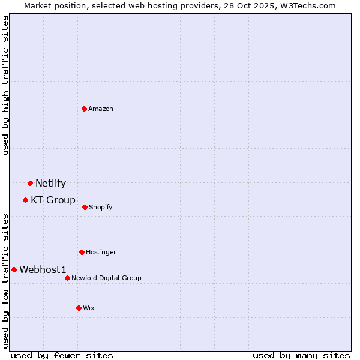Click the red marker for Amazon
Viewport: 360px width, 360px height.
coord(85,109)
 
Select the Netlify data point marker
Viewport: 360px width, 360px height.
coord(30,183)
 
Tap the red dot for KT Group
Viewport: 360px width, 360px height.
coord(25,200)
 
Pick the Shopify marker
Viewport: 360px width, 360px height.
coord(85,207)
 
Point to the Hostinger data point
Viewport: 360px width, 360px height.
coord(82,252)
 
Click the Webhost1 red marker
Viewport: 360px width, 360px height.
coord(14,269)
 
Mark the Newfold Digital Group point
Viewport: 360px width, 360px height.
coord(67,278)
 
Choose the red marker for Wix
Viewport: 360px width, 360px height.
coord(79,308)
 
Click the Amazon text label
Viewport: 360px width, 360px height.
coord(101,109)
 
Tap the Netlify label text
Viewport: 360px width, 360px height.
coord(50,183)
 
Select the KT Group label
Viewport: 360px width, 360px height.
coord(53,200)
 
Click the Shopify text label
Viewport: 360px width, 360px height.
coord(101,207)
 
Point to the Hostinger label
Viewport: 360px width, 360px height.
coord(101,252)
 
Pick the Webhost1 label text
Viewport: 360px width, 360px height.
coord(43,269)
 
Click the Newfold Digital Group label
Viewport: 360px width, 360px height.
coord(106,278)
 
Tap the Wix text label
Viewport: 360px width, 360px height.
coord(89,308)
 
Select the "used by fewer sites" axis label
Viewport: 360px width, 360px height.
coord(62,355)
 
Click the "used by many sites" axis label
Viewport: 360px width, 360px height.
coord(301,355)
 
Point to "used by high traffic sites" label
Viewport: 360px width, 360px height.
coord(5,86)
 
